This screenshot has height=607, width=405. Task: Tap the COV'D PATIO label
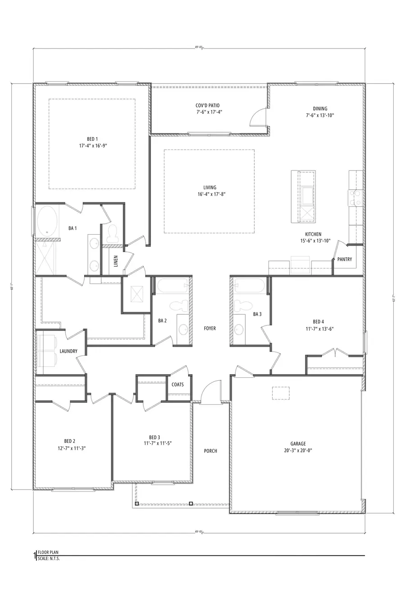point(207,105)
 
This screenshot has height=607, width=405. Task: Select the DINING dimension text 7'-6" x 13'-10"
point(320,115)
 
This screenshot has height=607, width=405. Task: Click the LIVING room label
point(210,187)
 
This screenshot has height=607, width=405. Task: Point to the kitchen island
point(303,196)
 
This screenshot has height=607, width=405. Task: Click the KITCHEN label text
point(313,234)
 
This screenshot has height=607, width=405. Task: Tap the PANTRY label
point(345,259)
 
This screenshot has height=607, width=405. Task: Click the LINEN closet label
point(116,261)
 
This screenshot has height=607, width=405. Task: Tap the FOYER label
point(210,328)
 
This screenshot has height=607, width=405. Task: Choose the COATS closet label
point(178,384)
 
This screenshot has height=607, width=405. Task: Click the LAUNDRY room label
point(68,351)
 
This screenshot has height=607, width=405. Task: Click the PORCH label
point(211,451)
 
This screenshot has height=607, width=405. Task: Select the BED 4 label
point(318,321)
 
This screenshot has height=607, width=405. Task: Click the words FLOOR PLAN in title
point(48,552)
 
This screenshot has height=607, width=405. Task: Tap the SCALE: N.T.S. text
point(49,558)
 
